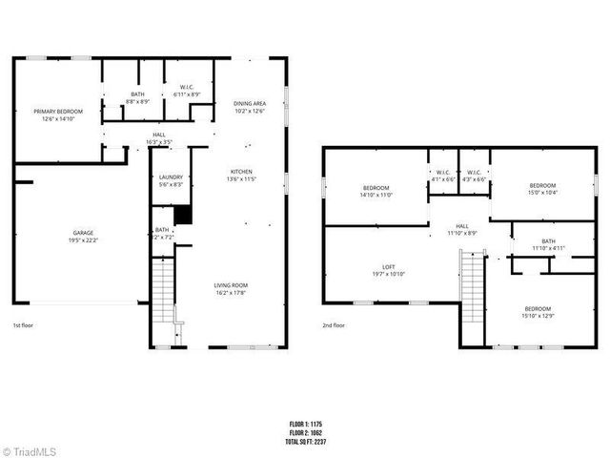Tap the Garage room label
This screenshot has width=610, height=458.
tap(83, 236)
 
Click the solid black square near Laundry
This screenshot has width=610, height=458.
tap(183, 215)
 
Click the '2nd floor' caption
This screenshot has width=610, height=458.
tap(334, 324)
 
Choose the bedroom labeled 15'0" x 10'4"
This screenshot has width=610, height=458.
tap(542, 189)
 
